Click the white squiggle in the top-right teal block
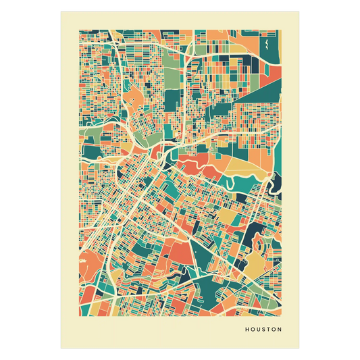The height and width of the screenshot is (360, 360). pyautogui.click(x=267, y=46)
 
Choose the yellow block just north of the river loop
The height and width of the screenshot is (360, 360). pyautogui.click(x=238, y=165)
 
